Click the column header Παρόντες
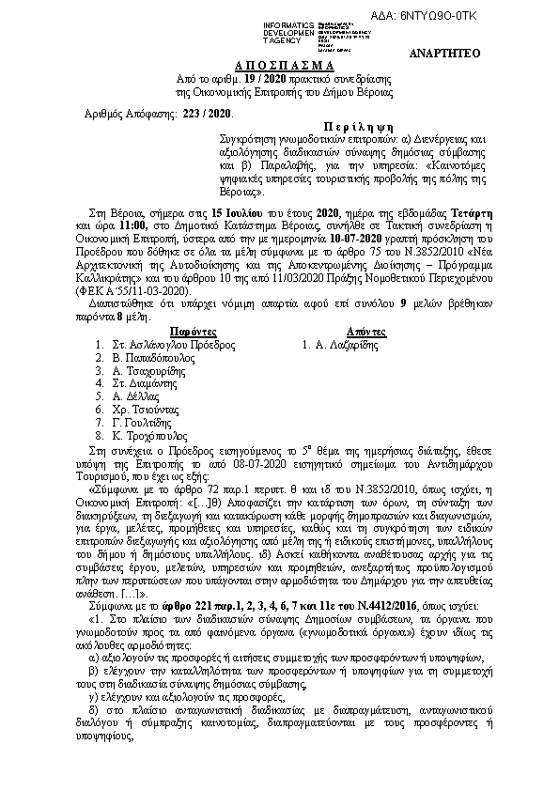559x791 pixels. (195, 332)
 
